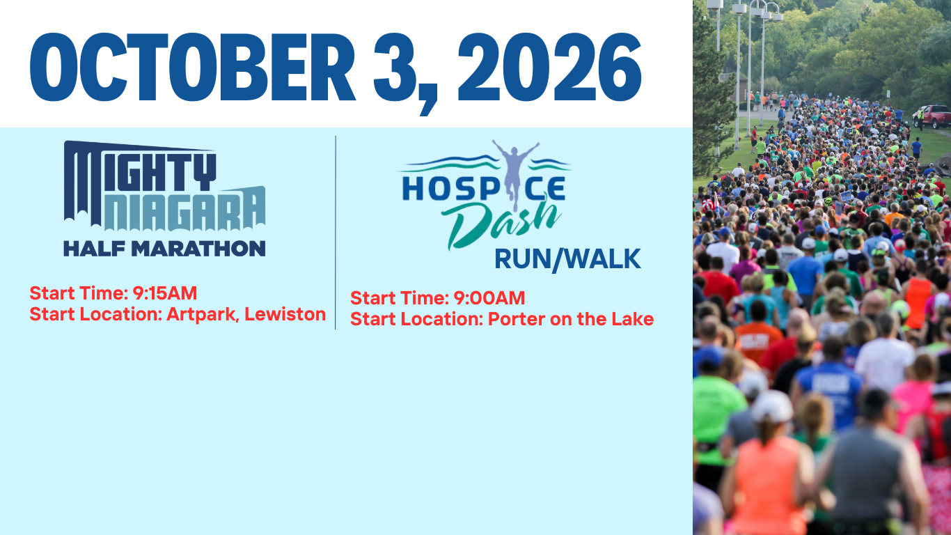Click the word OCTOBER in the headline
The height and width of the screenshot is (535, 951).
[192, 67]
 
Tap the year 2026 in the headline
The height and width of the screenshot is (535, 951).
[549, 67]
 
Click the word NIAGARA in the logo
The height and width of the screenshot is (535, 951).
[185, 208]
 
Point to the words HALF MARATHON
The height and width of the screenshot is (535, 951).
[164, 248]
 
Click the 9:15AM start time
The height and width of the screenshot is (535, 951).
[165, 293]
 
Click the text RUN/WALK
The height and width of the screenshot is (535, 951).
[567, 259]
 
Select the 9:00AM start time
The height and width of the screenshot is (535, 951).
[489, 298]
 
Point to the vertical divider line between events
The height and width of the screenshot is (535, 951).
[336, 233]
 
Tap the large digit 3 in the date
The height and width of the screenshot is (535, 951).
[395, 67]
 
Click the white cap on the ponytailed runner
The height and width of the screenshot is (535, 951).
[772, 406]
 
